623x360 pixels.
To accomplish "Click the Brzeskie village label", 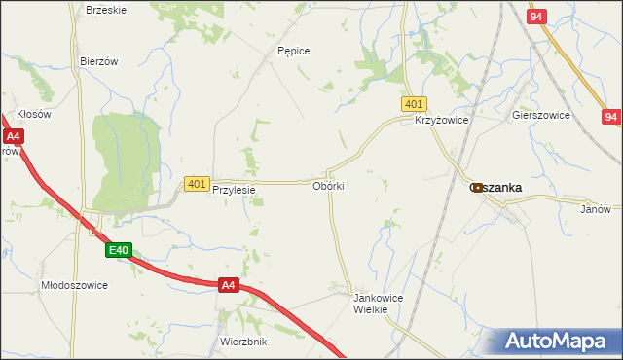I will point(106,10).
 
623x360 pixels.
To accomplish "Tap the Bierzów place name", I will point(98,60).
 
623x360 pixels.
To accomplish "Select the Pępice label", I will point(293,51).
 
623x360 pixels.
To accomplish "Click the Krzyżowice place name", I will point(442,120).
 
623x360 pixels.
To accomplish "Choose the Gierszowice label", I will point(540,114).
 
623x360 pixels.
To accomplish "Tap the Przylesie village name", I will point(234,191).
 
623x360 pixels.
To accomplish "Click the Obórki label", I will point(329,185).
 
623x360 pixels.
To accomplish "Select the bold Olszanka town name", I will point(499,187).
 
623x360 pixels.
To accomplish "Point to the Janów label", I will point(595,209).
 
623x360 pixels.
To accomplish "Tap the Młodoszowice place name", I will point(74,285).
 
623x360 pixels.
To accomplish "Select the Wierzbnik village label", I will point(243,342).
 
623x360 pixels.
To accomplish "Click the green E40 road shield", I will point(119,251).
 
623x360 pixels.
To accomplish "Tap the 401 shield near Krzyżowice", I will point(413,104).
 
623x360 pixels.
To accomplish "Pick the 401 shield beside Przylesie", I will point(197,183).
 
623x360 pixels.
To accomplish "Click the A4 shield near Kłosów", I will point(10,137).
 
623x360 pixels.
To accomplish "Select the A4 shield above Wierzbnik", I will point(228,285).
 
